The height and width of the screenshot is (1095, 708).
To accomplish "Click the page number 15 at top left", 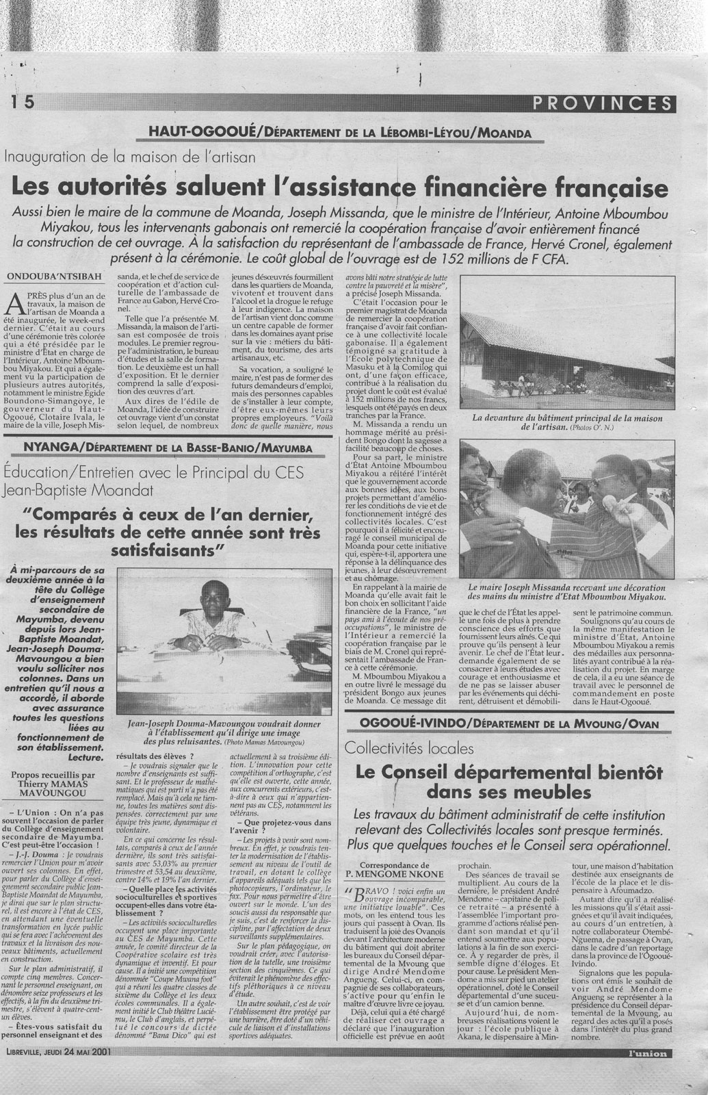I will (x=21, y=102).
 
